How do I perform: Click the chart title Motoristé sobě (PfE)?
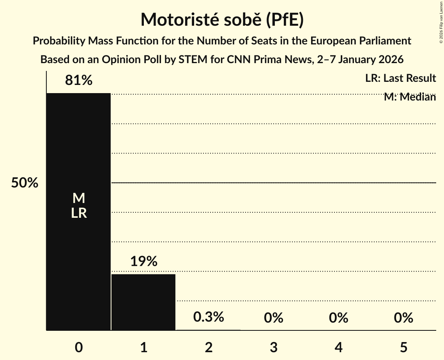(x=222, y=19)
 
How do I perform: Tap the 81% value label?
(x=79, y=81)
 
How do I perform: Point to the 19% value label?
(x=143, y=261)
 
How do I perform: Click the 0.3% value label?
(x=209, y=317)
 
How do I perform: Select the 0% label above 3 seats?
(x=273, y=318)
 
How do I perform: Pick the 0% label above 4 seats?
(x=338, y=318)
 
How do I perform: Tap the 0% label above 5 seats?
(x=403, y=318)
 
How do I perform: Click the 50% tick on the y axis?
(x=25, y=183)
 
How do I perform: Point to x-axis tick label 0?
(x=79, y=347)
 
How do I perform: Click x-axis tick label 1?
(x=143, y=347)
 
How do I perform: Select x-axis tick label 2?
(x=209, y=347)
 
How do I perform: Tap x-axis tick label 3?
(x=273, y=347)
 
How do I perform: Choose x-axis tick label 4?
(x=338, y=347)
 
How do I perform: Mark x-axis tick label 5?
(x=403, y=347)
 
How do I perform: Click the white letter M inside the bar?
(x=79, y=198)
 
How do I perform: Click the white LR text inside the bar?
(x=79, y=213)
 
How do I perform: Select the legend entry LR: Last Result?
(x=400, y=78)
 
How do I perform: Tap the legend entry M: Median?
(x=410, y=97)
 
